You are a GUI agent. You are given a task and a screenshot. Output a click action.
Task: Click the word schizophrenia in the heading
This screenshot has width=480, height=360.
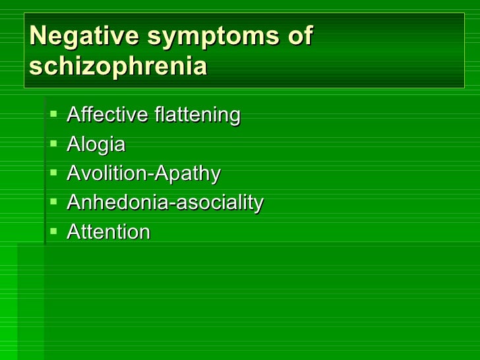(118, 67)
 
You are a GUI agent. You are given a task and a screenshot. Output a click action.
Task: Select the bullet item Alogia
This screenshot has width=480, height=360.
(96, 145)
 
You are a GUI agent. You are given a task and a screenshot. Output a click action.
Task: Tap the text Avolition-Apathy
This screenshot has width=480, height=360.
(143, 174)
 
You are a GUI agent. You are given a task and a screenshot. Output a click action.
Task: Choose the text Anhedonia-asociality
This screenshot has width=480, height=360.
(164, 202)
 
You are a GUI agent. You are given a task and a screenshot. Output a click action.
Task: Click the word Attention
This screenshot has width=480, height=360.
(108, 232)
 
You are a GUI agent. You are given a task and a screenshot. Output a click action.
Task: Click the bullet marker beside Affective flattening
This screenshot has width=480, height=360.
(53, 115)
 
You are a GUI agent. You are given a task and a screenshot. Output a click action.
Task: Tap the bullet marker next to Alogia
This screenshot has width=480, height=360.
(53, 144)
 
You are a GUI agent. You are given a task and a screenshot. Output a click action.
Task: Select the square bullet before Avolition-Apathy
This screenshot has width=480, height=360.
(53, 173)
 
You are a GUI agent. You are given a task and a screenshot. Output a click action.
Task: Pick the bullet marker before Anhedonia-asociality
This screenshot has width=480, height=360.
(53, 202)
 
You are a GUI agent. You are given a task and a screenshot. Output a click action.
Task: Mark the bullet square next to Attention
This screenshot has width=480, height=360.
(53, 231)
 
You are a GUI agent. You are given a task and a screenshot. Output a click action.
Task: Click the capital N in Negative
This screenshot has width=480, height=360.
(38, 37)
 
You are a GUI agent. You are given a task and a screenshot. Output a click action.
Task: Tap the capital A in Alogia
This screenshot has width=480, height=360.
(73, 144)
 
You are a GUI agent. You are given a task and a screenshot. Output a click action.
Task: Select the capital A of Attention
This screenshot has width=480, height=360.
(73, 231)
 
